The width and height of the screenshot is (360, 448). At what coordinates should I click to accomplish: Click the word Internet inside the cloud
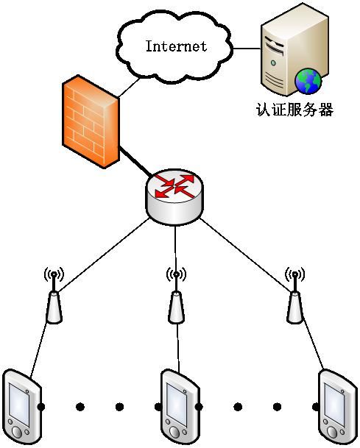[x=176, y=46]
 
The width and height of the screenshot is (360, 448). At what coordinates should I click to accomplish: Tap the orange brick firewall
[x=91, y=121]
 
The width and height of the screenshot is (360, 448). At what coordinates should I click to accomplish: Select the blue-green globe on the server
[x=308, y=82]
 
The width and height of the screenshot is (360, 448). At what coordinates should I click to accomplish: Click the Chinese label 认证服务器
[x=294, y=110]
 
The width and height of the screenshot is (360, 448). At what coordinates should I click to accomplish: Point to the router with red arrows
[x=174, y=197]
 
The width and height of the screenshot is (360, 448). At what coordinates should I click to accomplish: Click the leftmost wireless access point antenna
[x=54, y=296]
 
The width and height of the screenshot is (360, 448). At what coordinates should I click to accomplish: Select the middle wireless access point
[x=176, y=296]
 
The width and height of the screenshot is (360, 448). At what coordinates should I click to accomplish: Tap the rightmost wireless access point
[x=294, y=296]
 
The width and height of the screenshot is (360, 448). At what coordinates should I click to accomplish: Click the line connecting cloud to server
[x=247, y=49]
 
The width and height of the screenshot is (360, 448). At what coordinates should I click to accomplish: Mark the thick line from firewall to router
[x=135, y=161]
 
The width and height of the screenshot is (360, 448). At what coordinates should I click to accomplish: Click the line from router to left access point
[x=103, y=255]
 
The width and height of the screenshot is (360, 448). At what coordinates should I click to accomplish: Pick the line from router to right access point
[x=246, y=255]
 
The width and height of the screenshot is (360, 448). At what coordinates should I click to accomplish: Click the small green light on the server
[x=273, y=63]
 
